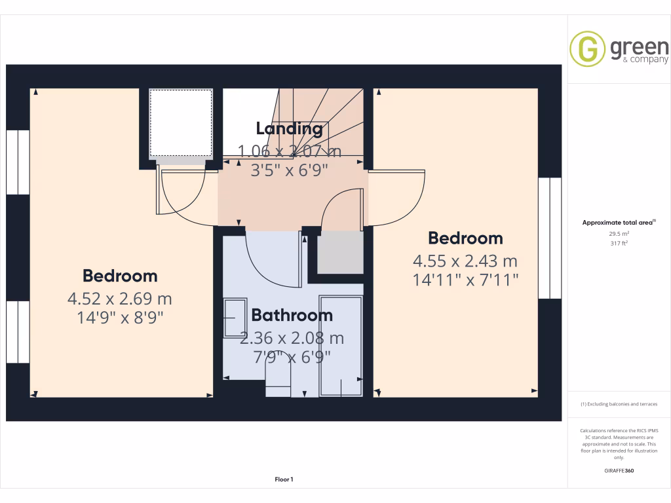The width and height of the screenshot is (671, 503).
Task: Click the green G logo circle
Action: coord(587,49)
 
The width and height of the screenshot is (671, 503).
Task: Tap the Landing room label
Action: coord(289,128)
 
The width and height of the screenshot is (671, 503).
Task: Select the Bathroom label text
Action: coord(292,315)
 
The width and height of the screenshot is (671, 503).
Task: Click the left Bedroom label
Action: coord(120,276)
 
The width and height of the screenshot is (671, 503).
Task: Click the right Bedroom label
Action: coord(465,238)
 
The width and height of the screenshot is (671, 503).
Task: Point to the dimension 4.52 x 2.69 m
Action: coord(120,299)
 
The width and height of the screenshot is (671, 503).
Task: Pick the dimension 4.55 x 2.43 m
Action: coord(465,261)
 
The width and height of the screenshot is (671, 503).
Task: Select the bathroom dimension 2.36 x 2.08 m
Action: coord(292,339)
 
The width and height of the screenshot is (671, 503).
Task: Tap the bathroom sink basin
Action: coord(233,318)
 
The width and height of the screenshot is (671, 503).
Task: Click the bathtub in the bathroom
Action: coord(340,345)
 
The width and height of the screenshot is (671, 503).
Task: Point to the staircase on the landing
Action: coord(321,121)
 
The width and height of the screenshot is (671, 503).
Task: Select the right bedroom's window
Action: coord(550,238)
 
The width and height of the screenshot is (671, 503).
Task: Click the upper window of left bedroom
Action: coord(18,162)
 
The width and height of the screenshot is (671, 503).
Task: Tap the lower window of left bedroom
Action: coord(18,332)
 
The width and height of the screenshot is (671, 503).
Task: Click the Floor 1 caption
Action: coord(284,480)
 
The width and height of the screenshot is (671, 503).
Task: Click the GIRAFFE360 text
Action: coord(619,471)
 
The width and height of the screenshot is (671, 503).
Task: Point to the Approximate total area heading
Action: coord(618,223)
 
